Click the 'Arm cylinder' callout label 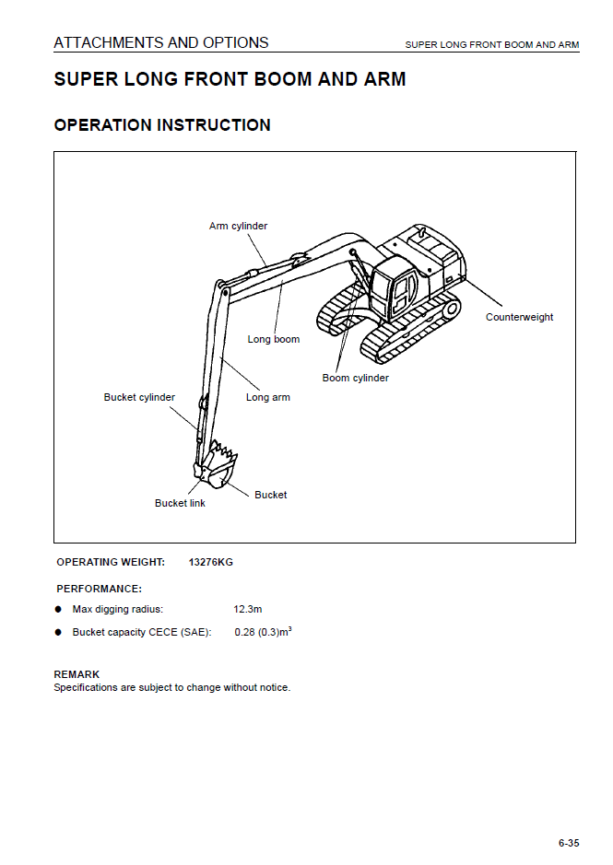[x=238, y=226]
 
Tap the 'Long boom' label [x=273, y=339]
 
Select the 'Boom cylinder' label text [x=355, y=378]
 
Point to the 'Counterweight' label [x=519, y=317]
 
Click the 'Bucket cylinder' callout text [x=139, y=397]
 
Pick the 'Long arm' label [x=267, y=397]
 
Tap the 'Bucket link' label [x=180, y=503]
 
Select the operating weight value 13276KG [x=210, y=562]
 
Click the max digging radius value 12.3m [x=248, y=609]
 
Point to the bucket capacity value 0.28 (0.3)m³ [x=263, y=632]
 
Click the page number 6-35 [x=569, y=843]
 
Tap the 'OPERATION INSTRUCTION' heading [x=162, y=125]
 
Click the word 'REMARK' [x=77, y=674]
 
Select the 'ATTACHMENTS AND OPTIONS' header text [x=161, y=42]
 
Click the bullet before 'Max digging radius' [x=58, y=609]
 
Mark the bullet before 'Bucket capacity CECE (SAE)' [x=58, y=632]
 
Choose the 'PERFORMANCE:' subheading [x=100, y=588]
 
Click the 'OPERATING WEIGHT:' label [x=111, y=562]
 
